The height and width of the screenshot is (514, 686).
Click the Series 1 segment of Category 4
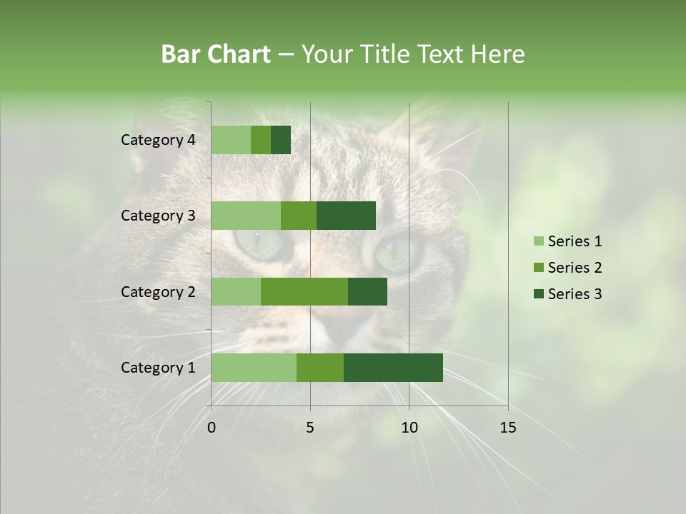point(231,140)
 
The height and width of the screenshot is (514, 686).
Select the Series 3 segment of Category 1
point(393,368)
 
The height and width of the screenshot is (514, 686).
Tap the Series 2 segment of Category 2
point(304,292)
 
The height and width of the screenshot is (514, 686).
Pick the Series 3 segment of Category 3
point(346,216)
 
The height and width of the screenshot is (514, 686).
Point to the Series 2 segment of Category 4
point(261,140)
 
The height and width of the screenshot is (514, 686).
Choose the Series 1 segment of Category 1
point(254,368)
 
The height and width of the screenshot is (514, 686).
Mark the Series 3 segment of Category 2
point(367,292)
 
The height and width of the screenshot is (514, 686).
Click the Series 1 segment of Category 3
point(246,216)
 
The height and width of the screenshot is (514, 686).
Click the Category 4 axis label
point(158,140)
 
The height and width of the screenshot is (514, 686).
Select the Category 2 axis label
point(158,292)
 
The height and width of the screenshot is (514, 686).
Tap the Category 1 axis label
point(158,368)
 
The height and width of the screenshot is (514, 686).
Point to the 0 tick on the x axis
point(212,428)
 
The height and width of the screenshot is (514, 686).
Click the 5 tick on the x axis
point(310,428)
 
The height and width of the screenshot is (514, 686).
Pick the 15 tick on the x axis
point(508,428)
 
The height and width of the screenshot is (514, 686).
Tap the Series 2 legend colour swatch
point(538,268)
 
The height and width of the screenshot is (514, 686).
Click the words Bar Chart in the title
point(216,54)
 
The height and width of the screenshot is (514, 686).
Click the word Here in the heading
point(498,54)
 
